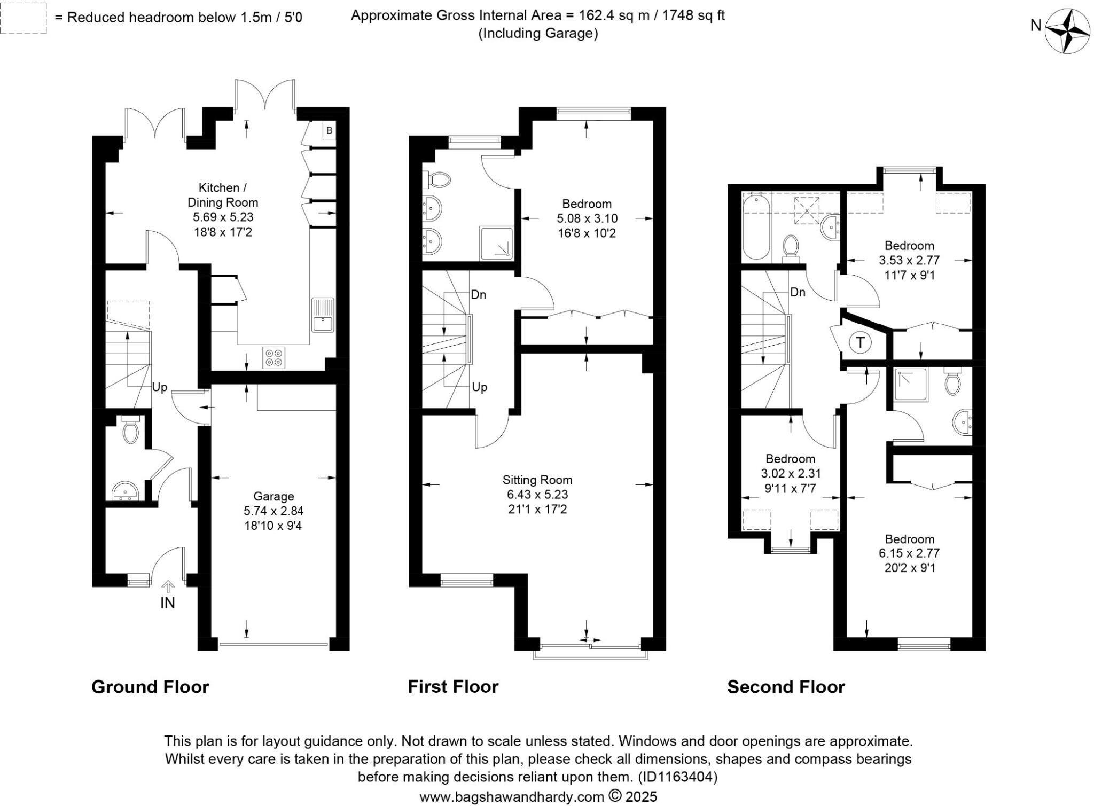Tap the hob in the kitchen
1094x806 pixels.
click(x=274, y=357)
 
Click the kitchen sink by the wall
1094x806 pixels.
click(x=323, y=315)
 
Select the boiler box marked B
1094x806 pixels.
click(x=329, y=130)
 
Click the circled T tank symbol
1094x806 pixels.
click(x=860, y=342)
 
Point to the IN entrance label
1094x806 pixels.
click(x=168, y=603)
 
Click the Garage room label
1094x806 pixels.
click(x=273, y=496)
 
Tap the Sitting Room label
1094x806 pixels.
click(x=537, y=480)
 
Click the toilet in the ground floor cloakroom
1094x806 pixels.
click(x=130, y=430)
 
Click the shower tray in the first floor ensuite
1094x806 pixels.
click(x=496, y=244)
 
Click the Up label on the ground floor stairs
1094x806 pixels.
click(x=160, y=387)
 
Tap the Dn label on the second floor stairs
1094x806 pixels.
click(x=798, y=292)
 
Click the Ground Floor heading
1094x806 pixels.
click(x=150, y=686)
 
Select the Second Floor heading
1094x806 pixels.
click(x=786, y=686)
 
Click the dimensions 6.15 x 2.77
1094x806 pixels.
click(x=909, y=553)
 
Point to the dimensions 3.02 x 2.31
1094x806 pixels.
click(x=791, y=473)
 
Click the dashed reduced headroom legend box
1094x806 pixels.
click(x=23, y=18)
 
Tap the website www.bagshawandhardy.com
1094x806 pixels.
click(x=511, y=797)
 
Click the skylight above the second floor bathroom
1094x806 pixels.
click(x=807, y=209)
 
